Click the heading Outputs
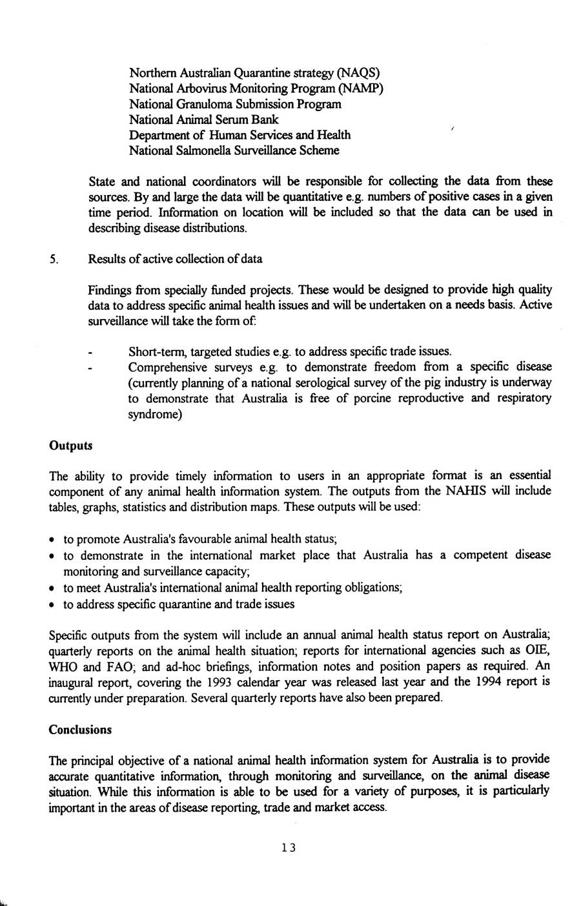(x=70, y=446)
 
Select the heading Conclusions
(x=80, y=730)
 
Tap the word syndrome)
(x=155, y=415)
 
